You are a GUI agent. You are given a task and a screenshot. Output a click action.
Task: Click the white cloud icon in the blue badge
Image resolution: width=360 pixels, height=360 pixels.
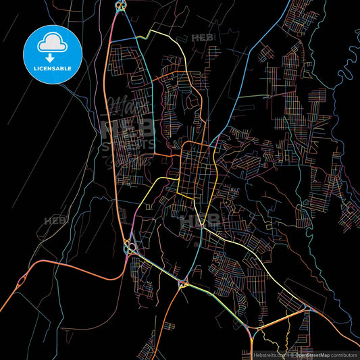coord(52,42)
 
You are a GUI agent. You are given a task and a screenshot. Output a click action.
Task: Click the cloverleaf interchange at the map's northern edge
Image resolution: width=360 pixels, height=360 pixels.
coord(120,6)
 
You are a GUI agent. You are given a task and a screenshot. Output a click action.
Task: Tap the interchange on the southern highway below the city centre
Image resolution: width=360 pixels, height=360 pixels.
coord(182,284)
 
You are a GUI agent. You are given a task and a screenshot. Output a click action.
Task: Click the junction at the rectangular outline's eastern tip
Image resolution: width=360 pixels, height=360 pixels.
coord(307,309)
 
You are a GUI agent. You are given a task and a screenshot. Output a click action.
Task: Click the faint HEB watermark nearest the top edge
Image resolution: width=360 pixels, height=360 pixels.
coord(203,38)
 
